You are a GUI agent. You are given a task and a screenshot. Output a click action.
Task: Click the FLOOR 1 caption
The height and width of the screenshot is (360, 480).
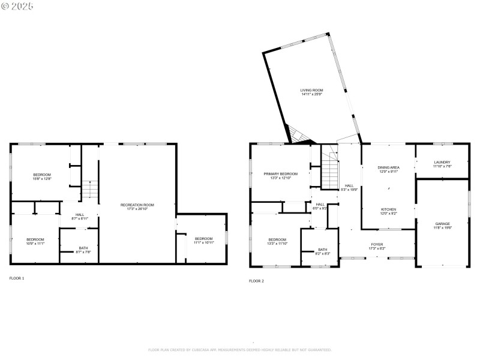click(x=17, y=278)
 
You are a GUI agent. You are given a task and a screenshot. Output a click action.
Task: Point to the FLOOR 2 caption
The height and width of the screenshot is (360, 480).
click(x=256, y=281)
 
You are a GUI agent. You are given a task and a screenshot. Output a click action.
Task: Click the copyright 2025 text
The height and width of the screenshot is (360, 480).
click(x=17, y=6)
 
